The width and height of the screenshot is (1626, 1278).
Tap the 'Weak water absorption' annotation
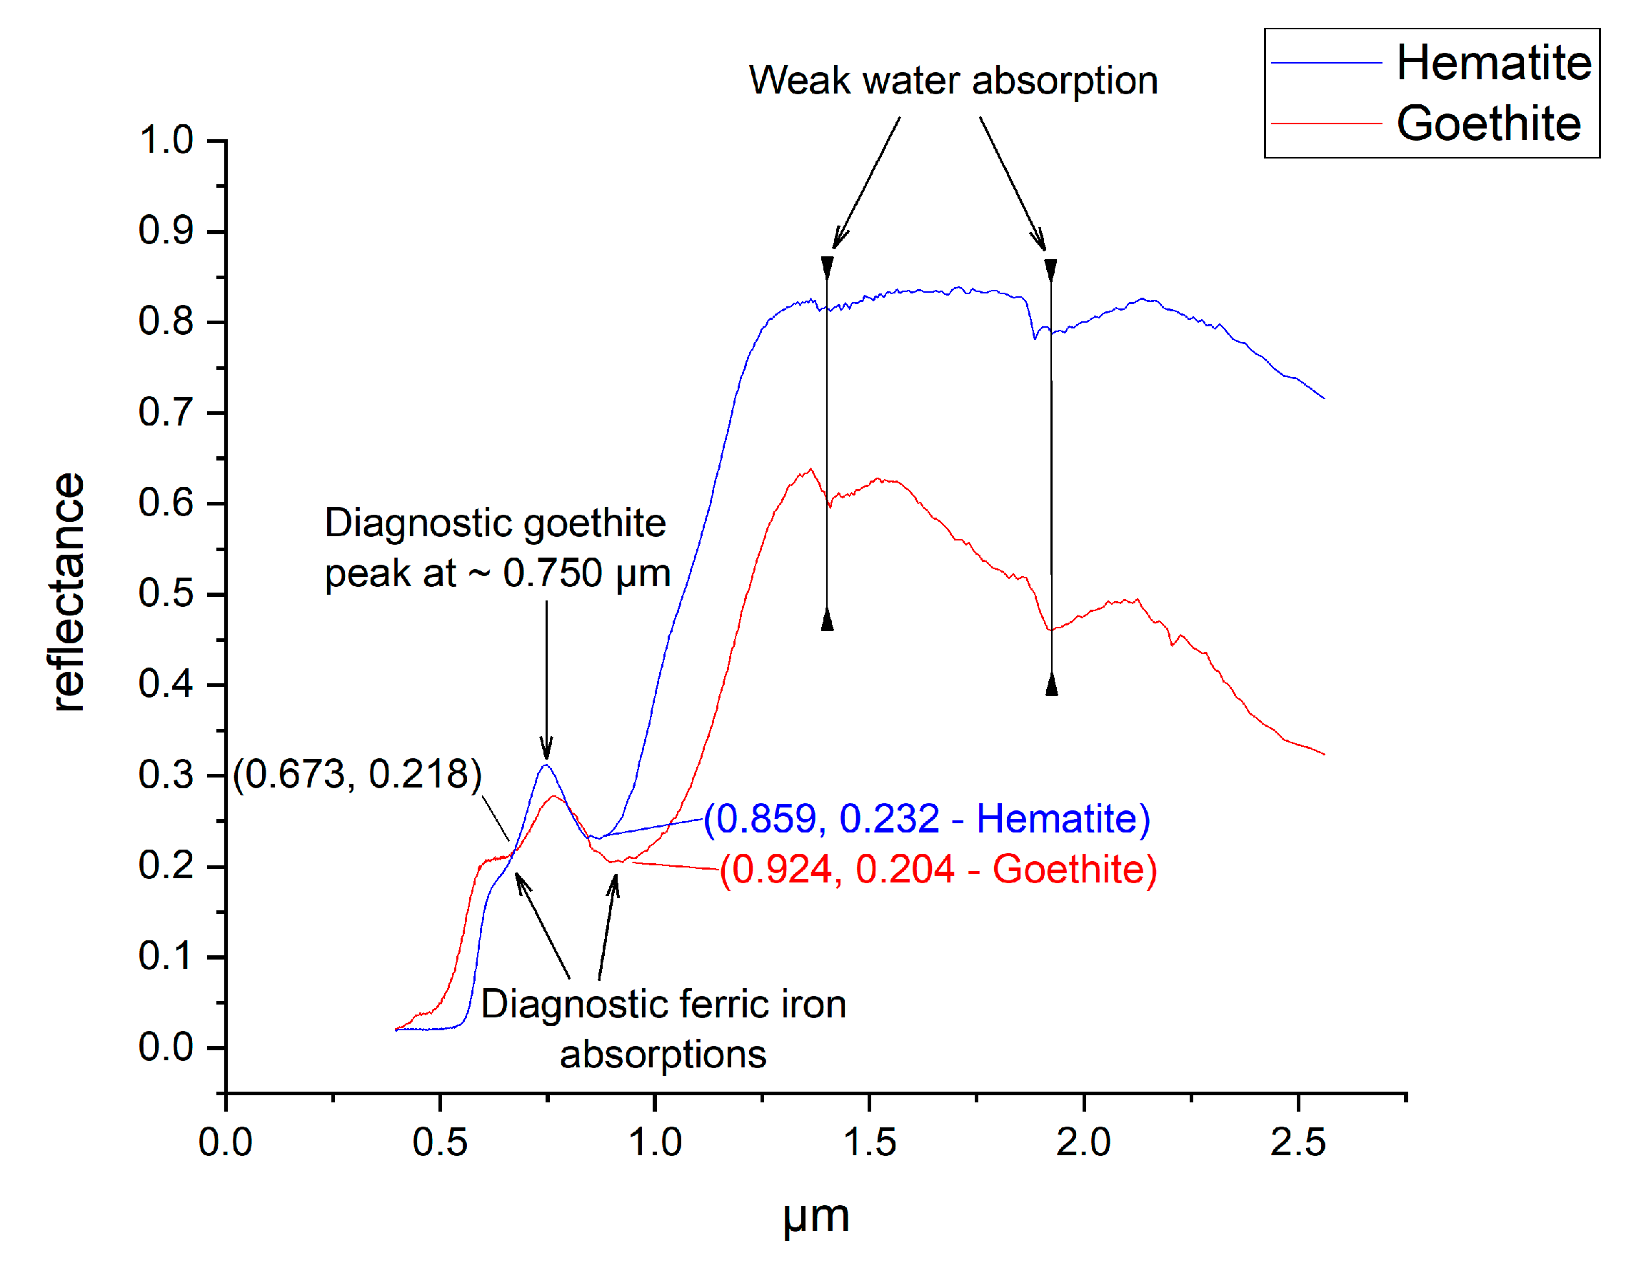point(953,81)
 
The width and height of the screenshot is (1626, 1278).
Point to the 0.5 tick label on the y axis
point(166,593)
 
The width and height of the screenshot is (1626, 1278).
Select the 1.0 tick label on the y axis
point(166,141)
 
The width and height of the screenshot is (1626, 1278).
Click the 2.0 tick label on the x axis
point(1082,1142)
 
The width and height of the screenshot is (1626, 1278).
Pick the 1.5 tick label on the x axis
point(868,1142)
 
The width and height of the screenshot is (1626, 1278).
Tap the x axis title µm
point(815,1216)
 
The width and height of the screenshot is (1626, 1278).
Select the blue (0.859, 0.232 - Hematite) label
point(926,819)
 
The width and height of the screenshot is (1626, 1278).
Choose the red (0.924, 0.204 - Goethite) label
point(938,870)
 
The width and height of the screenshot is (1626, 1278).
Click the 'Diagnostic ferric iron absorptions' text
point(663,1029)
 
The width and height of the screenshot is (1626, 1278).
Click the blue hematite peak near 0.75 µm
point(546,765)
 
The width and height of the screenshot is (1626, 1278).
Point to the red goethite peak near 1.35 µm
point(811,470)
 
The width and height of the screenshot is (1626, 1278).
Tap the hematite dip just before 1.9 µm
point(1034,338)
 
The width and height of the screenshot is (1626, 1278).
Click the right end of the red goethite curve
point(1324,754)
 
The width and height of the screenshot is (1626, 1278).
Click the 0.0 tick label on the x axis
point(225,1142)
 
